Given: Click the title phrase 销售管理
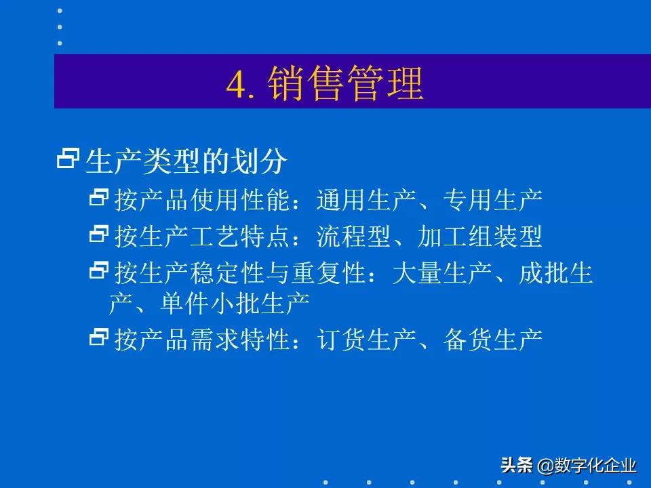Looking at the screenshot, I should click(x=346, y=83).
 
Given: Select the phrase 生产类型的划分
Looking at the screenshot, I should click(x=186, y=161).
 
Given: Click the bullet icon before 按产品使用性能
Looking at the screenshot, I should click(x=99, y=199).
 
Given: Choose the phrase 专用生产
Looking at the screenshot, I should click(x=492, y=200).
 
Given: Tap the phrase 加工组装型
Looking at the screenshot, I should click(x=479, y=237).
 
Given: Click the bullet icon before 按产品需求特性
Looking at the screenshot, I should click(x=99, y=337).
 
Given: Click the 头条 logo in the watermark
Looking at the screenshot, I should click(x=517, y=466).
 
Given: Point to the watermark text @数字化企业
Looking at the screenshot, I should click(x=587, y=466).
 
